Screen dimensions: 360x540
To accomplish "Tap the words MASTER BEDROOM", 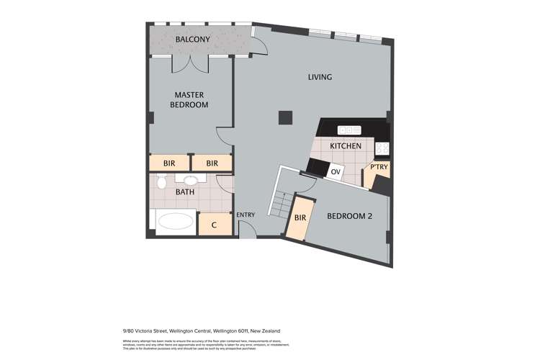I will tap(189, 99).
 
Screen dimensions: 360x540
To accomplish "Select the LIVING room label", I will tap(320, 77).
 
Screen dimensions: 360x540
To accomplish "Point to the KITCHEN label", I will tap(345, 146).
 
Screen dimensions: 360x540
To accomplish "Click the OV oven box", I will tap(335, 172).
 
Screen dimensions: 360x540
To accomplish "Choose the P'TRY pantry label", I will tap(379, 168).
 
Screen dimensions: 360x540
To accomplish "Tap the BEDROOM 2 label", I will tap(349, 216).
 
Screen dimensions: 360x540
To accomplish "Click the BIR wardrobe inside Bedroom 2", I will tap(300, 217).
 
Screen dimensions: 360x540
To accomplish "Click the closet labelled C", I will tap(214, 225).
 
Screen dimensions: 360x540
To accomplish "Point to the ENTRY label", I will tap(246, 215).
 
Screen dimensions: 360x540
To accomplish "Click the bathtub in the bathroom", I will tap(175, 222).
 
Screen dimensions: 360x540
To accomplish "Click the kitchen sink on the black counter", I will tap(349, 130).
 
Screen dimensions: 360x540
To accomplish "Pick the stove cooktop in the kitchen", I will tap(382, 149).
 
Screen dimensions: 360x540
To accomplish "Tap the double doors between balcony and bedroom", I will tap(191, 63).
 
